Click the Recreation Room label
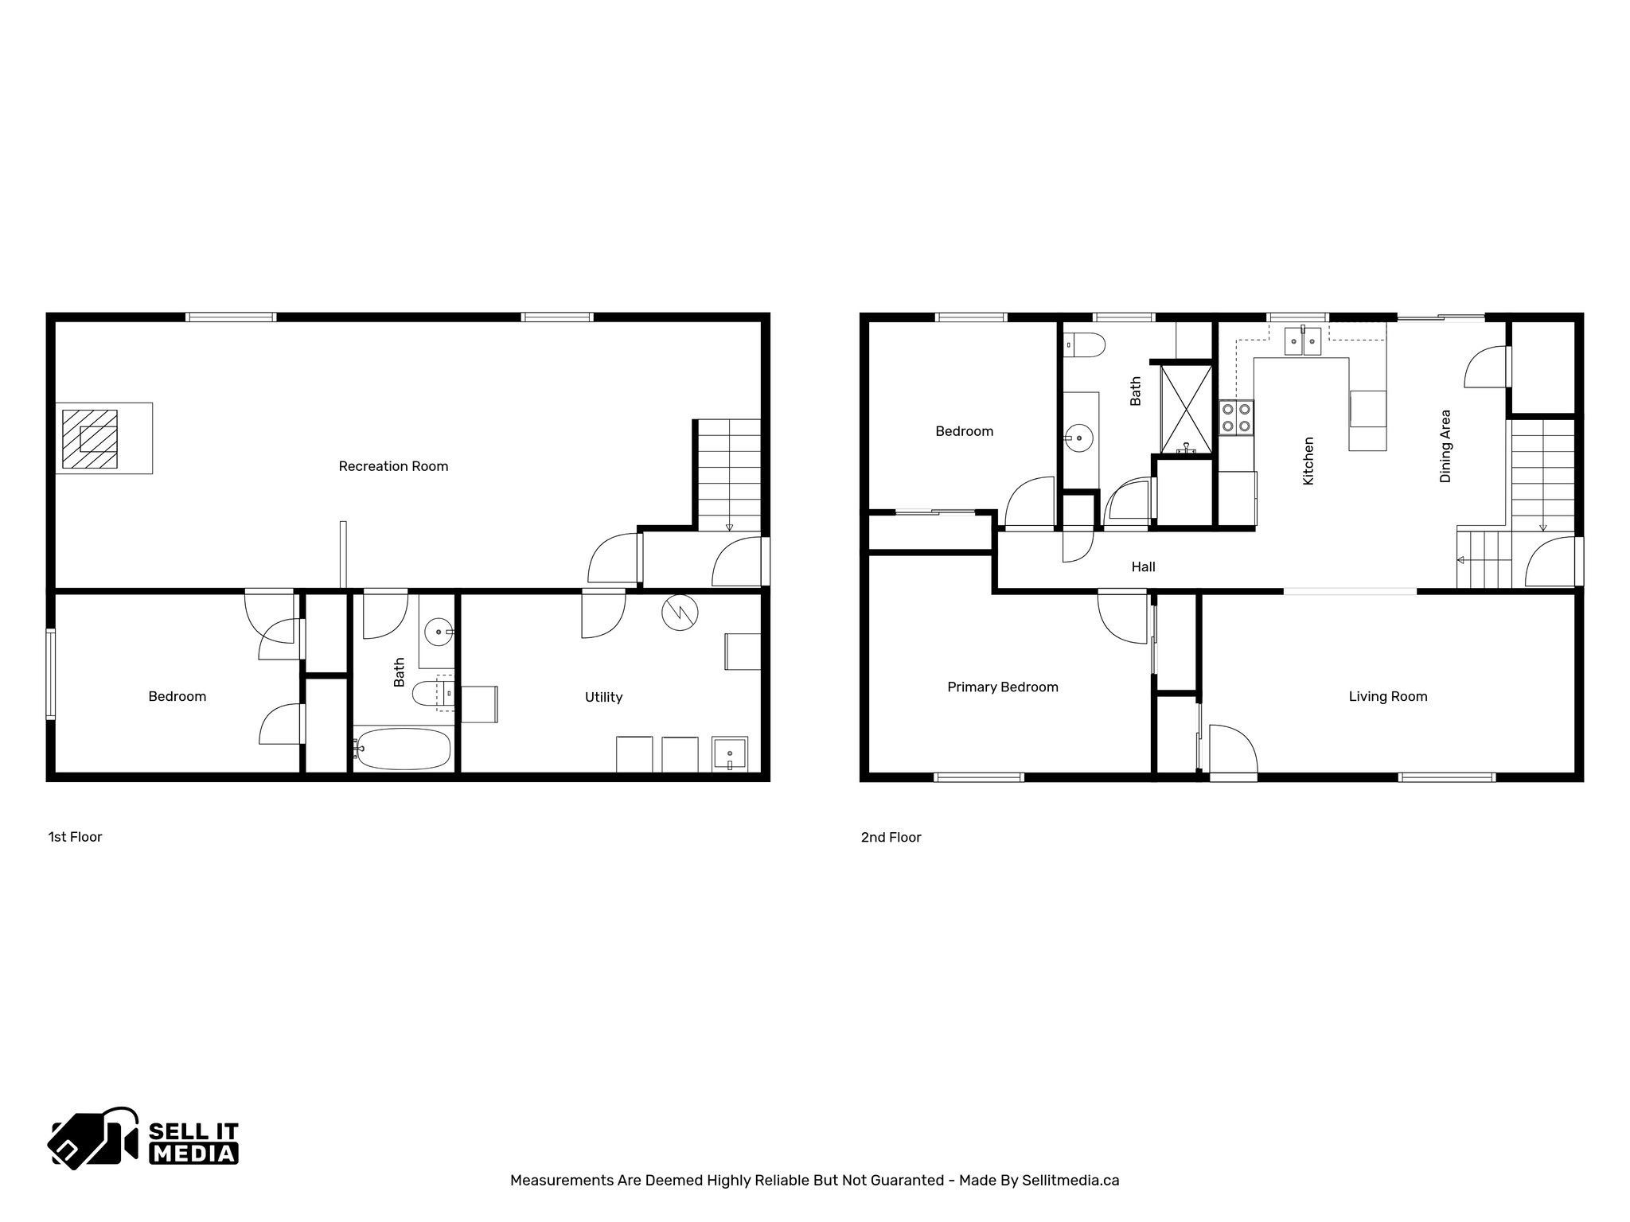pos(393,466)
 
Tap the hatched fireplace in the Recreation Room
pos(90,438)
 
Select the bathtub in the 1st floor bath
pos(402,748)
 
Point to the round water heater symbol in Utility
pos(679,613)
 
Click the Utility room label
pos(603,697)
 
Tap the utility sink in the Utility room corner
pos(729,753)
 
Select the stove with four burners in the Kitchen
pos(1237,418)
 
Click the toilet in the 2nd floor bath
pos(1085,344)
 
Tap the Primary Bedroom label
pos(1003,687)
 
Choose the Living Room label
pos(1388,697)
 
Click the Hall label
pos(1144,567)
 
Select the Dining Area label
pos(1445,446)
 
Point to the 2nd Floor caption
pos(891,837)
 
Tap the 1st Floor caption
pos(75,837)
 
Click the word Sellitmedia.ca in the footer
pos(1070,1180)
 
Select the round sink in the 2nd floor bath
pos(1078,438)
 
